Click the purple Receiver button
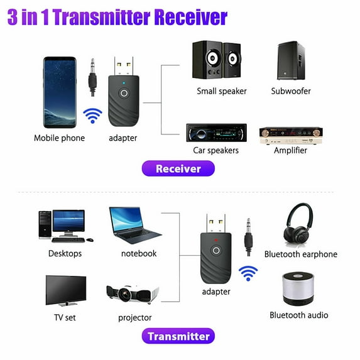178,168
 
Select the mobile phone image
60,92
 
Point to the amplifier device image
290,134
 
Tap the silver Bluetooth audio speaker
298,288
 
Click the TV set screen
65,290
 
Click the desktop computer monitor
68,222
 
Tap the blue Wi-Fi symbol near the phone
93,116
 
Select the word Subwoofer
290,91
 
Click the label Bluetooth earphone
300,254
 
